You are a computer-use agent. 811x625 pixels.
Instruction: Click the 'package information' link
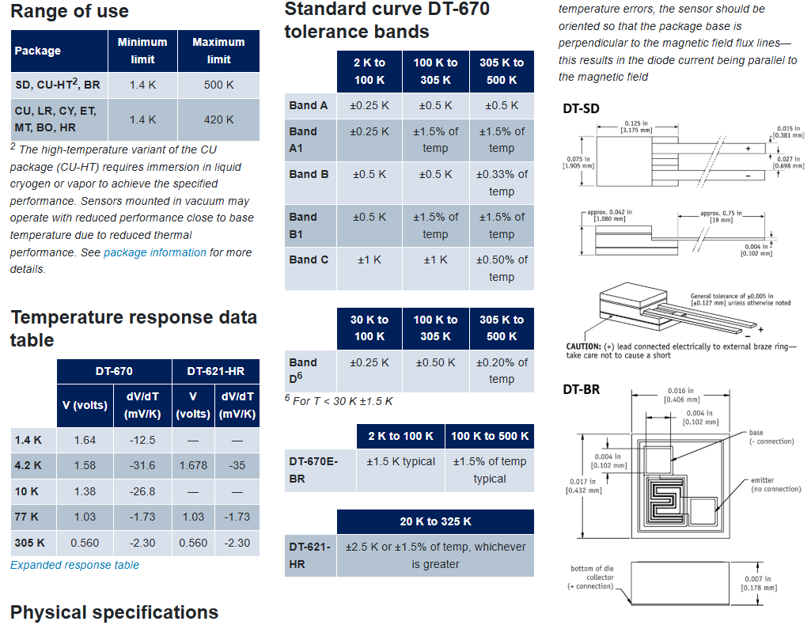tap(155, 252)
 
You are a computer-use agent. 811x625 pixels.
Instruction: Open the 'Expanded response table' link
tap(74, 565)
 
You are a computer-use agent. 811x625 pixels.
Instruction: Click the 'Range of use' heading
tap(70, 12)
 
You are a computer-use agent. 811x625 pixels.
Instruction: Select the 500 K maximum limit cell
tap(218, 85)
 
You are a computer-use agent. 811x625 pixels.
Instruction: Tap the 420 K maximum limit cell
tap(218, 119)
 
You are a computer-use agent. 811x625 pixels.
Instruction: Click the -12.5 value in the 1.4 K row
tap(142, 440)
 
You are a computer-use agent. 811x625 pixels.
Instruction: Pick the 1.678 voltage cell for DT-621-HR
tap(193, 465)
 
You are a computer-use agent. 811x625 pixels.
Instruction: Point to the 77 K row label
tap(27, 517)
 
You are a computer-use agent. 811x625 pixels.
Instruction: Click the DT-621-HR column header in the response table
tap(215, 371)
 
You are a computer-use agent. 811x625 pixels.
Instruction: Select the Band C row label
tap(309, 259)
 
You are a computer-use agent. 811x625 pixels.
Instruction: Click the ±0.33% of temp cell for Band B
tap(501, 183)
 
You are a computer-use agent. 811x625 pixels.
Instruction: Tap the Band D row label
tap(303, 370)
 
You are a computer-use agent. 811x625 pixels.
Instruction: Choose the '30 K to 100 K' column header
tap(369, 328)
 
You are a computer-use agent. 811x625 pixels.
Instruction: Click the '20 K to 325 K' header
tap(435, 521)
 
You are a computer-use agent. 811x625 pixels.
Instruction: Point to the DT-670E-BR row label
tap(308, 469)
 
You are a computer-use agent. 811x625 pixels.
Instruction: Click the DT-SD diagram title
tap(581, 108)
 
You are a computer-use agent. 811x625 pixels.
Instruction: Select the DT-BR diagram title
tap(581, 389)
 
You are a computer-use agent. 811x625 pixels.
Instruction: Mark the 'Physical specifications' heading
tap(114, 612)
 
